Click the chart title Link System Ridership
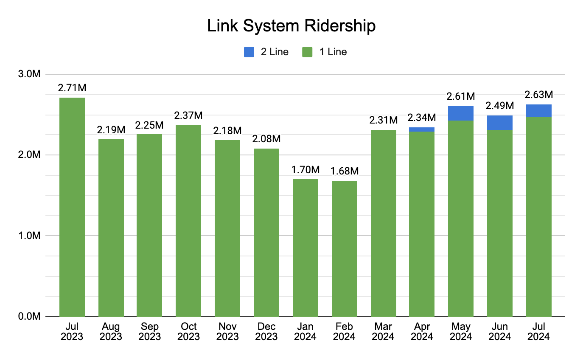[291, 26]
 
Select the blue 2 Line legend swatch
[249, 52]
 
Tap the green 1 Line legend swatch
[307, 52]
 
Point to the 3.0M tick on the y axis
[30, 74]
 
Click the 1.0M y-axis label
[30, 236]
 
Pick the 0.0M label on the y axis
[30, 316]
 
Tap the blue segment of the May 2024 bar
[461, 113]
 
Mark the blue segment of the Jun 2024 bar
[500, 123]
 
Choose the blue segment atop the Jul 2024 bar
[539, 111]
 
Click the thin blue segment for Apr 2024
[422, 129]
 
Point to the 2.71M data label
[72, 88]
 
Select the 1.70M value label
[306, 170]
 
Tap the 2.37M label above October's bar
[188, 115]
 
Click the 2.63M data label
[539, 94]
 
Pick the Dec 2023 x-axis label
[266, 332]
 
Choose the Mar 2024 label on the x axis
[384, 332]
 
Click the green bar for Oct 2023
[188, 221]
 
